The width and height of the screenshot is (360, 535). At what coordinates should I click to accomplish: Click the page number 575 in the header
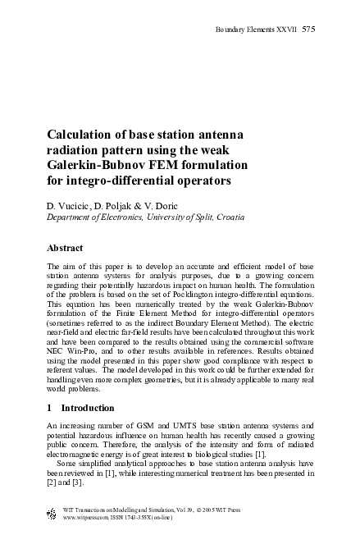pyautogui.click(x=308, y=30)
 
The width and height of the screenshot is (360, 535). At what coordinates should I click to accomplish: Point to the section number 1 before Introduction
pyautogui.click(x=49, y=408)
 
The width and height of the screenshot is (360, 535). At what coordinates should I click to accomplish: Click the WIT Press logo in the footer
pyautogui.click(x=52, y=514)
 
